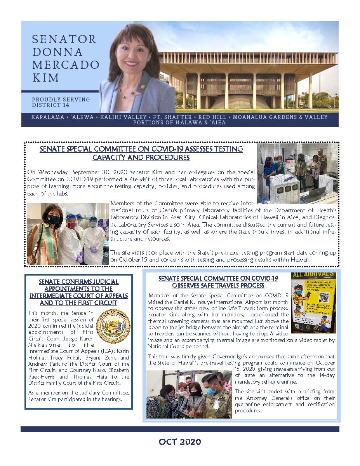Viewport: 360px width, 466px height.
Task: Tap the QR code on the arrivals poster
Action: coord(323,297)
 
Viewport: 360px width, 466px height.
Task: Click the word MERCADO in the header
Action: coord(66,65)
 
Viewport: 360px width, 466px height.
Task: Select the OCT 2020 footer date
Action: coord(180,442)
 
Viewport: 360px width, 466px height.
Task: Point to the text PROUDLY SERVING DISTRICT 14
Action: coord(61,102)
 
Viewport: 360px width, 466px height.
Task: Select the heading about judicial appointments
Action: coord(79,292)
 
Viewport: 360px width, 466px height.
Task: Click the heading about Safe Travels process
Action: coord(218,282)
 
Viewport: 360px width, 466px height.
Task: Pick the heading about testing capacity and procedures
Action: coord(141,153)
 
